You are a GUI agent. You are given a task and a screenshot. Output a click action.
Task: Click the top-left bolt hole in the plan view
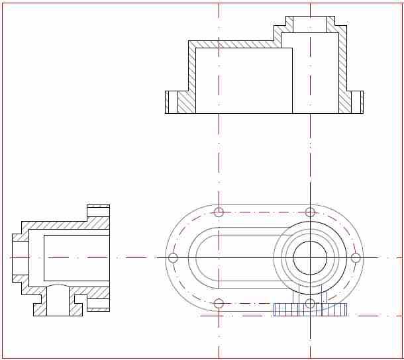click(x=219, y=212)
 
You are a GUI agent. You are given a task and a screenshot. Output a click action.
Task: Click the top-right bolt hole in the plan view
click(x=310, y=212)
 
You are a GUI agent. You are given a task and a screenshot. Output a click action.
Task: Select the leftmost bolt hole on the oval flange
click(x=174, y=257)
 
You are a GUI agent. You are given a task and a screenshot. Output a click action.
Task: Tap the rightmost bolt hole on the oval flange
click(x=356, y=257)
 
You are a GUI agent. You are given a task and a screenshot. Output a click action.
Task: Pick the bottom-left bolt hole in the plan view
click(x=219, y=303)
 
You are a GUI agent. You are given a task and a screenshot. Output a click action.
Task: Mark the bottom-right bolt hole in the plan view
click(x=310, y=303)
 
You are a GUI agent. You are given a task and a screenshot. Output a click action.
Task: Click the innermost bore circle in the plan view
click(x=310, y=257)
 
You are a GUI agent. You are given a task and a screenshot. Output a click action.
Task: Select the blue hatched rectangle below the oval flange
click(x=311, y=310)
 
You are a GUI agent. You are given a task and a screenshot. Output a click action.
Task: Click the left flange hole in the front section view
click(x=174, y=102)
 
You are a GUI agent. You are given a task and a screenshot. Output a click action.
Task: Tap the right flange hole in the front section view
click(x=358, y=102)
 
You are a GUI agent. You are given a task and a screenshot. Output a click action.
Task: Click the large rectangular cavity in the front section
click(x=244, y=79)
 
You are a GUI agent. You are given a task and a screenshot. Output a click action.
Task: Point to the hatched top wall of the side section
click(x=60, y=225)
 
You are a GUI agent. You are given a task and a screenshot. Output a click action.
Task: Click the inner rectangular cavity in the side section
click(x=76, y=257)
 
